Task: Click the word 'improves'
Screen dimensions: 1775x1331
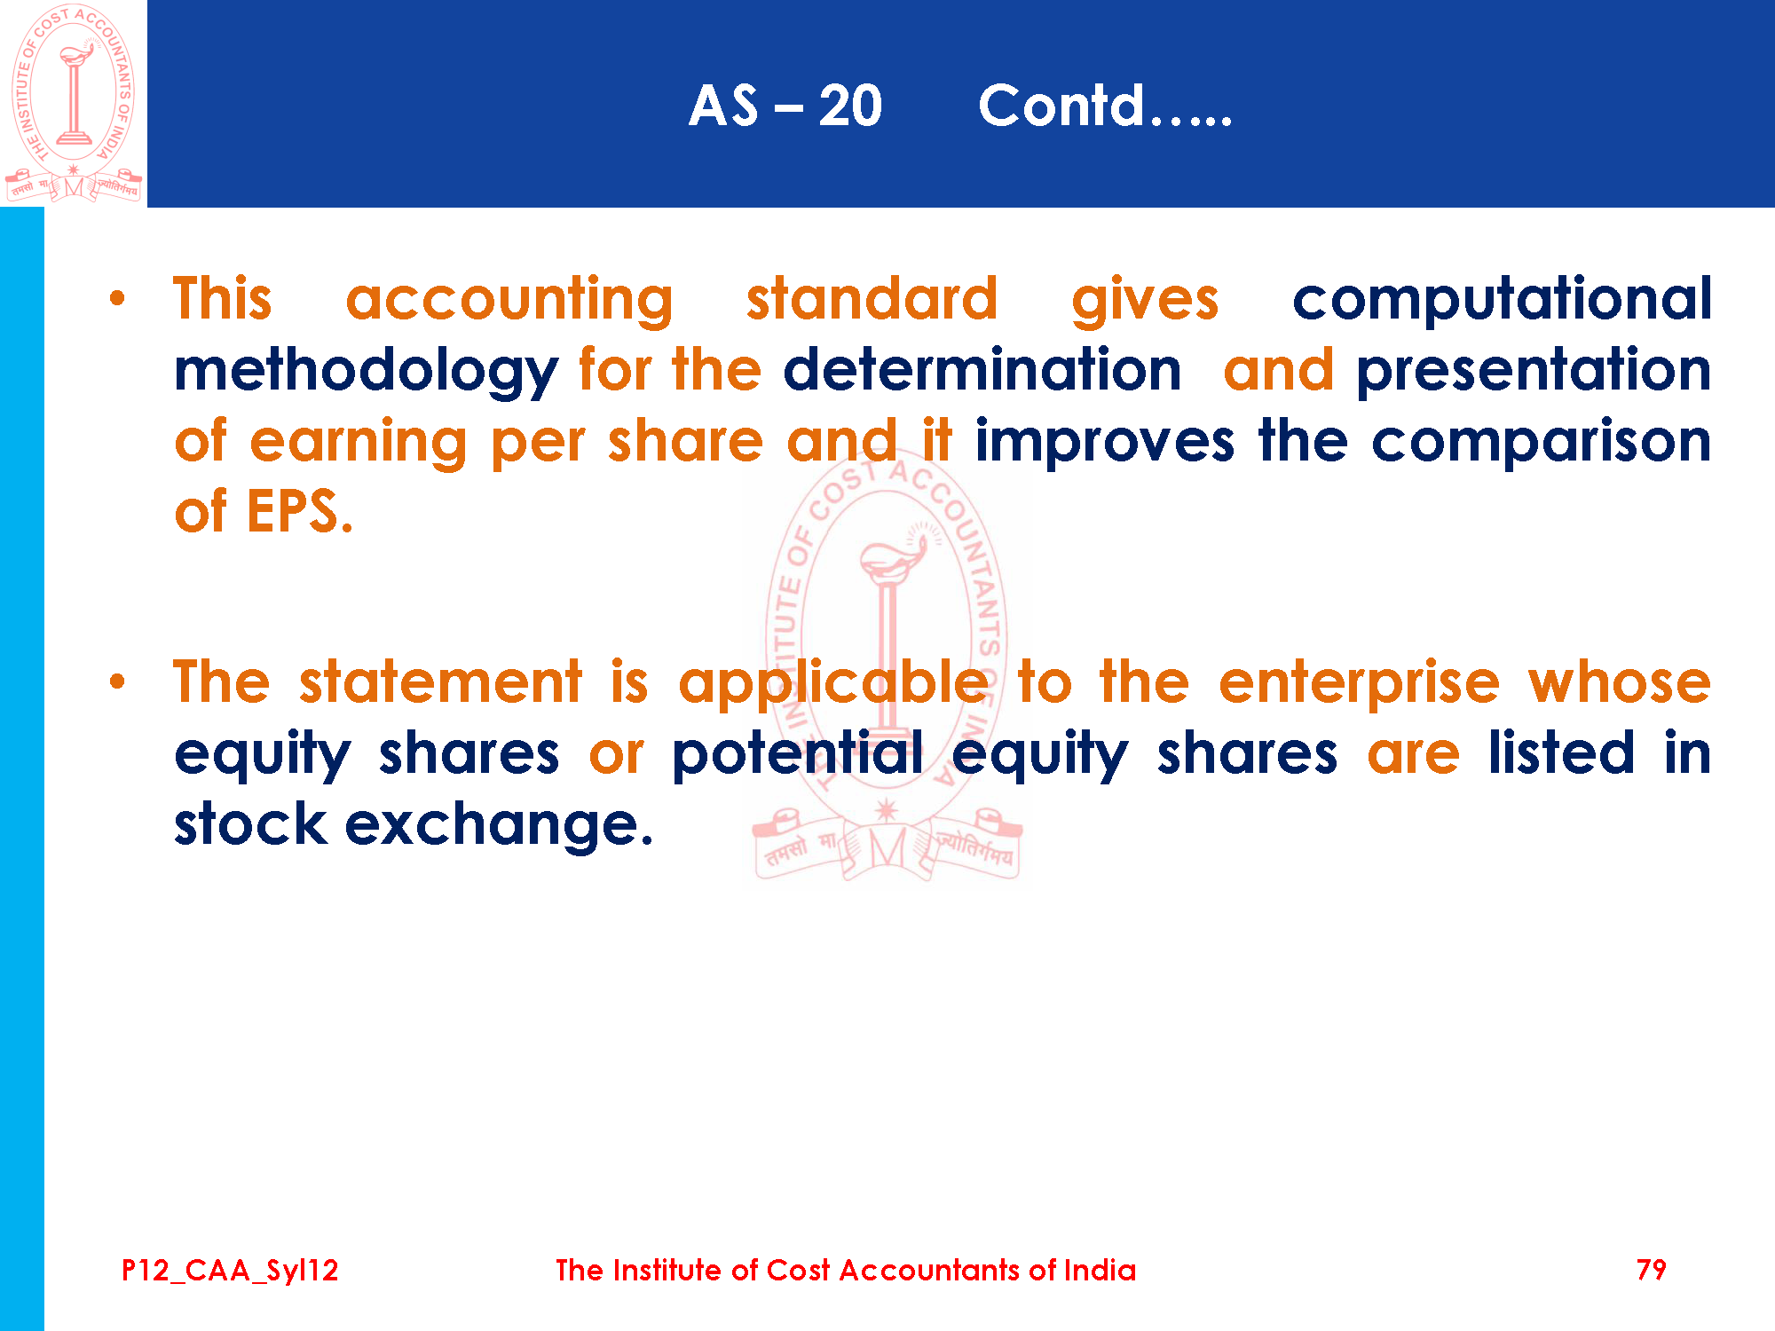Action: [1105, 442]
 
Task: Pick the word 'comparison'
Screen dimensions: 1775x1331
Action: [1542, 442]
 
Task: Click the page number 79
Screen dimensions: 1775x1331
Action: [1651, 1270]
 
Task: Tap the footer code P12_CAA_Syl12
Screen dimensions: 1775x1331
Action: [230, 1271]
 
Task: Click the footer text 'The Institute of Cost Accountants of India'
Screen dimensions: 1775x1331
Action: [846, 1270]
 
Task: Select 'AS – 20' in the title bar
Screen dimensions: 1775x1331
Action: [785, 106]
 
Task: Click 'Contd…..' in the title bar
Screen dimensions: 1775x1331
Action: [1105, 106]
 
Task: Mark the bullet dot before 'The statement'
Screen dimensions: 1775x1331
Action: [117, 682]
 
